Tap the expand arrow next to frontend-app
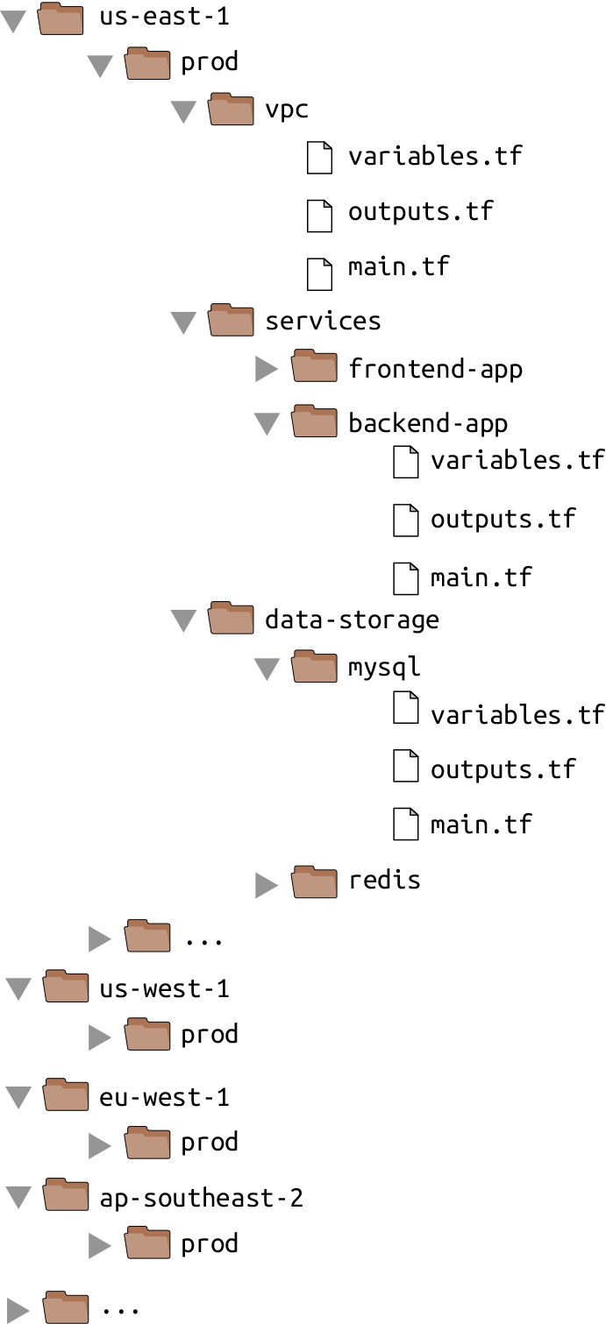pos(267,370)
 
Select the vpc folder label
pos(287,110)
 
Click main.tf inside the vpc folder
pos(398,266)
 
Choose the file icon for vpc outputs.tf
pos(319,213)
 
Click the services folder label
pos(323,321)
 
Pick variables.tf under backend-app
pos(517,461)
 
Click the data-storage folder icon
pos(231,619)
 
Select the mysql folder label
pos(384,667)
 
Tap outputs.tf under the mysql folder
pos(503,769)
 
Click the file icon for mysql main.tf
pos(405,825)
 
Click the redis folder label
pos(384,880)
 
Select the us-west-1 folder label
pos(164,989)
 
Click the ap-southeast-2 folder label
pos(201,1198)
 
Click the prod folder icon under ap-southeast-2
pos(147,1243)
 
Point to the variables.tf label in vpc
pos(435,157)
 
